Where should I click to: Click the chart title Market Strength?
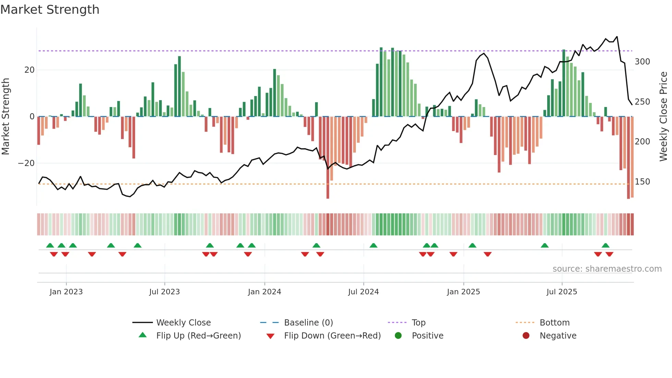pyautogui.click(x=50, y=10)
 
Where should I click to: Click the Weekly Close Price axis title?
pyautogui.click(x=663, y=116)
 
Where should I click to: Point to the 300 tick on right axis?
pyautogui.click(x=642, y=62)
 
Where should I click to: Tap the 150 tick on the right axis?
pyautogui.click(x=642, y=182)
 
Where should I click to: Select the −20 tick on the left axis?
pyautogui.click(x=26, y=163)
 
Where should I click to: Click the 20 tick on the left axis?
pyautogui.click(x=29, y=70)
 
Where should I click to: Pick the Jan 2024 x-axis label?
pyautogui.click(x=264, y=292)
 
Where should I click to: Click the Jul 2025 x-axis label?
pyautogui.click(x=562, y=292)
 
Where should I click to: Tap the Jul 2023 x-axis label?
pyautogui.click(x=164, y=292)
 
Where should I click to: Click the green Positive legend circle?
pyautogui.click(x=398, y=336)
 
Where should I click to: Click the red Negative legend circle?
pyautogui.click(x=526, y=336)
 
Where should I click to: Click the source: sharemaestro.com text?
pyautogui.click(x=607, y=269)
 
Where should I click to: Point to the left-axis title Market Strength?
pyautogui.click(x=6, y=116)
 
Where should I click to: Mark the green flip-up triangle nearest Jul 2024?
pyautogui.click(x=373, y=246)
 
